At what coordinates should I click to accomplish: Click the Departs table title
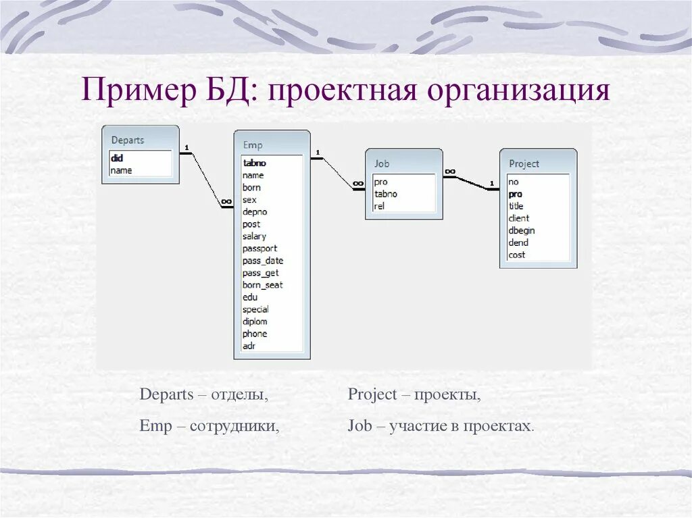(x=128, y=140)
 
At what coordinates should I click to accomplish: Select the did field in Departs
(x=117, y=158)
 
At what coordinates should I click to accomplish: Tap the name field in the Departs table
(x=121, y=170)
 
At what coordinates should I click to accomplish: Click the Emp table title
(x=252, y=145)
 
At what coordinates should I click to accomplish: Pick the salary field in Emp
(x=254, y=236)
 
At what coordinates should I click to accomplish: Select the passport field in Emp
(x=259, y=249)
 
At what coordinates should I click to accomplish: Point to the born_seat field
(x=262, y=285)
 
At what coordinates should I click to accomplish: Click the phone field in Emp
(x=255, y=334)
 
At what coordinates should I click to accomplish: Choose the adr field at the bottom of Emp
(x=249, y=346)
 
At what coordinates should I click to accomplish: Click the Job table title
(x=382, y=163)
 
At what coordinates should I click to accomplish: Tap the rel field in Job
(x=379, y=206)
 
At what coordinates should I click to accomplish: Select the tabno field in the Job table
(x=385, y=194)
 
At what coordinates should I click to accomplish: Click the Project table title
(x=524, y=163)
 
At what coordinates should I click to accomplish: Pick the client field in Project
(x=519, y=218)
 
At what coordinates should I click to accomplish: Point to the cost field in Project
(x=517, y=255)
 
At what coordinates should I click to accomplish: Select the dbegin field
(x=522, y=230)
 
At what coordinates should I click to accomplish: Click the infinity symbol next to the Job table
(x=358, y=183)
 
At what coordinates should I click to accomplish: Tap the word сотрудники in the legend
(x=234, y=427)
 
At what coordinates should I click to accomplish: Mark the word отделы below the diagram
(x=239, y=395)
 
